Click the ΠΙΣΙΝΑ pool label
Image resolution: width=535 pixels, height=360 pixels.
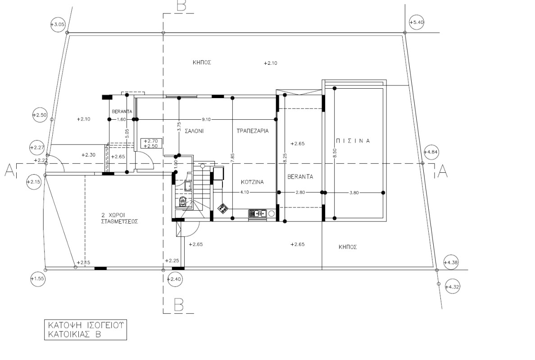point(353,141)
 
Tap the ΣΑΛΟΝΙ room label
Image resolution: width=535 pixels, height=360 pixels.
point(194,131)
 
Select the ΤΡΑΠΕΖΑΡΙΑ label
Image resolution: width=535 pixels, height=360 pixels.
point(253,130)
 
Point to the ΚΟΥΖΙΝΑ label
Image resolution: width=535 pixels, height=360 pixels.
point(252,182)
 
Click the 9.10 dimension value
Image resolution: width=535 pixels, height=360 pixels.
point(206,119)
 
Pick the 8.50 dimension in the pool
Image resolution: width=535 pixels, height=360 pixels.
point(334,153)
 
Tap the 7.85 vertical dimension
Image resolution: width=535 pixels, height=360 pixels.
point(233,158)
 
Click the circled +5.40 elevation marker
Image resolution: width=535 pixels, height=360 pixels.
point(416,22)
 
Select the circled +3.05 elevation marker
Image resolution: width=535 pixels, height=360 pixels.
point(58,25)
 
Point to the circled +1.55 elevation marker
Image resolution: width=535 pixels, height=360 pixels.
point(37,279)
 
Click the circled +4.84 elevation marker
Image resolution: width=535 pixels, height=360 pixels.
point(431,152)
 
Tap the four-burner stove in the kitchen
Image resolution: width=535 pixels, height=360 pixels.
point(223,208)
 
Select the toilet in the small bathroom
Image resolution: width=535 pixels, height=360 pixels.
point(182,202)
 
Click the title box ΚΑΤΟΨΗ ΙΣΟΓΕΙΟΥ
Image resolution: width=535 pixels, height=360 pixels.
point(85,330)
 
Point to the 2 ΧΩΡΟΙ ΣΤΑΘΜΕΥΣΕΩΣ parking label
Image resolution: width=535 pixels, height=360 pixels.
point(119,218)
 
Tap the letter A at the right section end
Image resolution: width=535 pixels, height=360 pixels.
point(443,171)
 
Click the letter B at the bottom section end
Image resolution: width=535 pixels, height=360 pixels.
point(178,305)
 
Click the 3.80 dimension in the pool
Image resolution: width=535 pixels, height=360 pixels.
point(354,193)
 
